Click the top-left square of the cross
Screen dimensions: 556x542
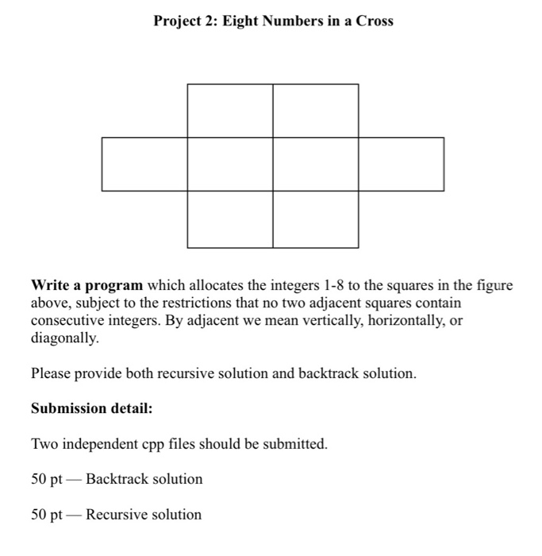click(230, 110)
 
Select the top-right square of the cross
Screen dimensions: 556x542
click(315, 110)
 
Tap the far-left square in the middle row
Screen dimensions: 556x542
click(144, 164)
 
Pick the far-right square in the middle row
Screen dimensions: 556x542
click(401, 164)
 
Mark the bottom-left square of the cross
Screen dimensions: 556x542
click(230, 219)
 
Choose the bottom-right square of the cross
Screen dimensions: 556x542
click(315, 219)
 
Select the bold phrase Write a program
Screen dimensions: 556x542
click(87, 285)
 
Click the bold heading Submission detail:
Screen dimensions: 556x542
click(91, 408)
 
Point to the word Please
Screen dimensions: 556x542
click(52, 373)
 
